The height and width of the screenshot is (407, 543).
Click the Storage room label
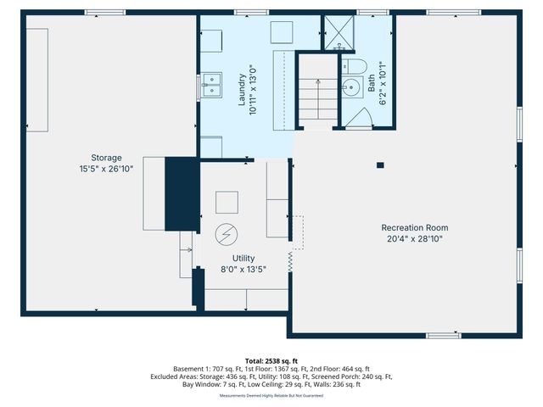pyautogui.click(x=107, y=158)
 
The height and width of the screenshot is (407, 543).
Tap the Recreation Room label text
pyautogui.click(x=414, y=227)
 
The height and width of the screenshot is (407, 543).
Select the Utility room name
pyautogui.click(x=244, y=258)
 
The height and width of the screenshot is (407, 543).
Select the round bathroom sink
pyautogui.click(x=351, y=88)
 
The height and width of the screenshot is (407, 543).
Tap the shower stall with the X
pyautogui.click(x=340, y=35)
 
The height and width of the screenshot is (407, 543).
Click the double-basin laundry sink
pyautogui.click(x=211, y=86)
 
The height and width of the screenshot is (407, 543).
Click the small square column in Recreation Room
pyautogui.click(x=380, y=164)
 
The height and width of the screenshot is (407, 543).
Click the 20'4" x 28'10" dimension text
pyautogui.click(x=414, y=238)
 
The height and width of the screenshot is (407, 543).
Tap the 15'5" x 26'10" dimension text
pyautogui.click(x=107, y=169)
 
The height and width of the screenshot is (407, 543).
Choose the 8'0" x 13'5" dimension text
pyautogui.click(x=244, y=270)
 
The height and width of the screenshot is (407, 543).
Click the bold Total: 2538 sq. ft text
pyautogui.click(x=271, y=360)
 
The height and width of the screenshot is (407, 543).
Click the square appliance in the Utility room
pyautogui.click(x=227, y=202)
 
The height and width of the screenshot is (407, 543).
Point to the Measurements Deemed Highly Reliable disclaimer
pyautogui.click(x=271, y=395)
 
